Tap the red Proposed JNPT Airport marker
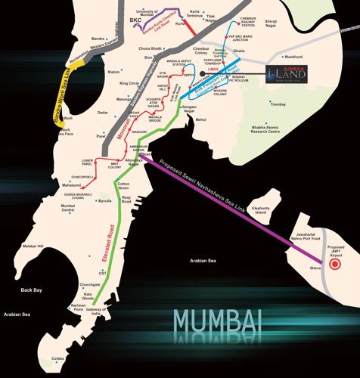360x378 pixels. [x=337, y=265]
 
